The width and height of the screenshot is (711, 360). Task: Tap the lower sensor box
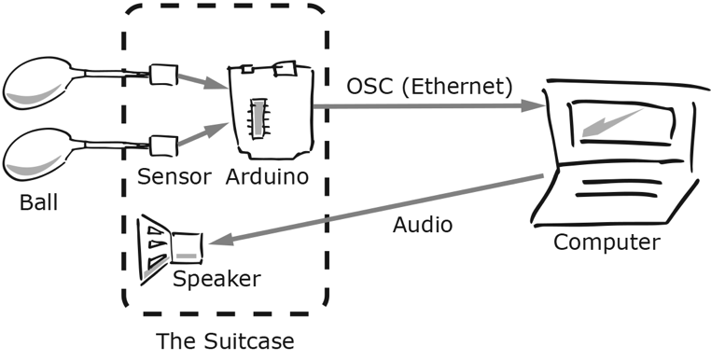pyautogui.click(x=163, y=145)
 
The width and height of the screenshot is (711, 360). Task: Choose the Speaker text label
pyautogui.click(x=217, y=279)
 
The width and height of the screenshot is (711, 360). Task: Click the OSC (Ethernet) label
pyautogui.click(x=428, y=87)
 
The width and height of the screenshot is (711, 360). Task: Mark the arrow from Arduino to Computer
pyautogui.click(x=429, y=106)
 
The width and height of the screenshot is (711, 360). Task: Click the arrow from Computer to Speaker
pyautogui.click(x=373, y=209)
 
